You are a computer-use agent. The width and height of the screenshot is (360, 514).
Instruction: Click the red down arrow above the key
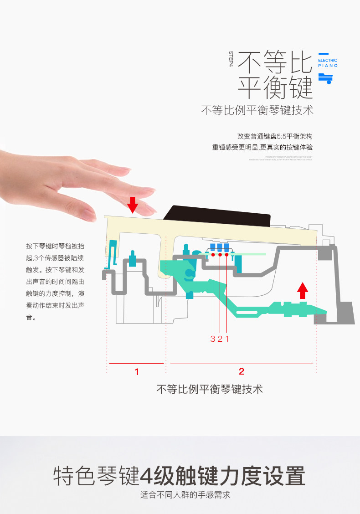[133, 205]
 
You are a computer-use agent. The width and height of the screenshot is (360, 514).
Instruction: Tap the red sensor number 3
[213, 339]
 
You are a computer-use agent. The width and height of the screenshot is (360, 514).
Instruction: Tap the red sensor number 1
[227, 339]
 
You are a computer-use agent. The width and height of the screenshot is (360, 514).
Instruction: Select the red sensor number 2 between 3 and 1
[220, 339]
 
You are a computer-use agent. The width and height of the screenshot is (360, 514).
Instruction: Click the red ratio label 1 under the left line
[137, 372]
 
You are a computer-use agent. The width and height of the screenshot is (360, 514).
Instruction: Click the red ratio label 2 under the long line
[242, 371]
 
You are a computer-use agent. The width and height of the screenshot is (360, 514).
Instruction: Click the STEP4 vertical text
[231, 59]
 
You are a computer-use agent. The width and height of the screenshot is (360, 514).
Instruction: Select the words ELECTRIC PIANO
[328, 63]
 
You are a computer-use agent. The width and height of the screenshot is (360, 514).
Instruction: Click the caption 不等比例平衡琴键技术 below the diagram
[210, 389]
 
